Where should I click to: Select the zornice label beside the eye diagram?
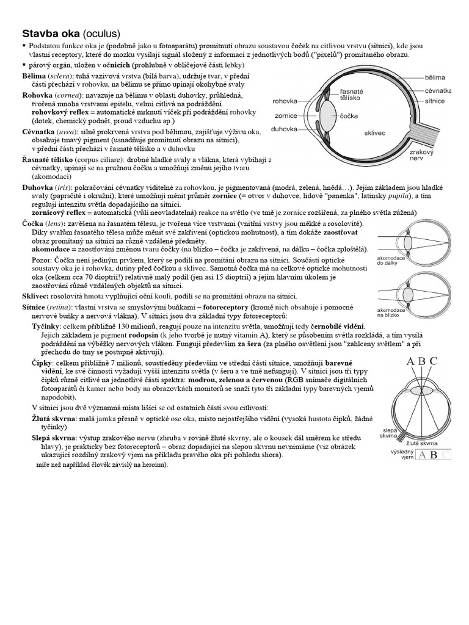[286, 115]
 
